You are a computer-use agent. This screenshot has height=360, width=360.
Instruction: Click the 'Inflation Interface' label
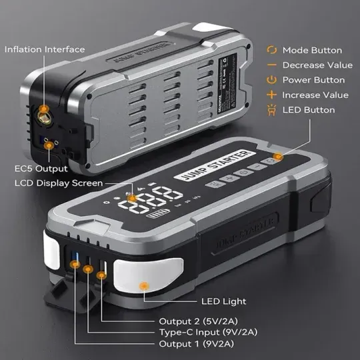pyautogui.click(x=45, y=49)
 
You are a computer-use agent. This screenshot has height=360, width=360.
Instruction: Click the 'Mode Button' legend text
pyautogui.click(x=312, y=50)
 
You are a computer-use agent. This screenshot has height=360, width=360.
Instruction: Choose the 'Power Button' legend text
pyautogui.click(x=313, y=80)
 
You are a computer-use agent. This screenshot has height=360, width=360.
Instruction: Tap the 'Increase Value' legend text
pyautogui.click(x=315, y=95)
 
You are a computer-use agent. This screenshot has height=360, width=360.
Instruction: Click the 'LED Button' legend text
pyautogui.click(x=308, y=110)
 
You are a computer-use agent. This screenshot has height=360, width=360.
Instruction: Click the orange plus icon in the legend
pyautogui.click(x=271, y=95)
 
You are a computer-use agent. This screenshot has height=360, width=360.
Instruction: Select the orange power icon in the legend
pyautogui.click(x=271, y=80)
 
